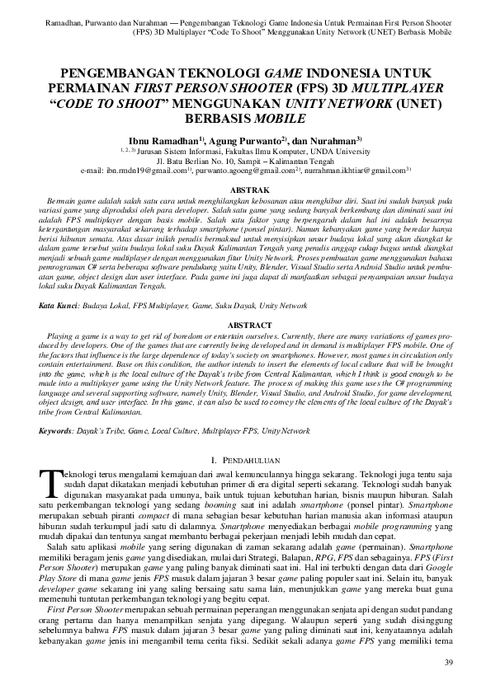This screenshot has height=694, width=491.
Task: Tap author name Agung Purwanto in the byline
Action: tap(242, 141)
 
